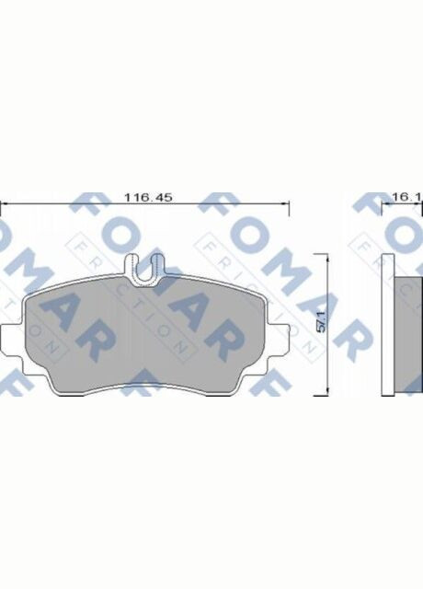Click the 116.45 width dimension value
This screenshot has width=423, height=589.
tap(148, 197)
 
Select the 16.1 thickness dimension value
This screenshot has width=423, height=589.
tap(406, 197)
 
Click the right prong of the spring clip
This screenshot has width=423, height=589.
tap(156, 268)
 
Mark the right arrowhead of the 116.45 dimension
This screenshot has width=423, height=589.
tap(288, 206)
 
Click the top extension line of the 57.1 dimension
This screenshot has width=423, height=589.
tap(308, 255)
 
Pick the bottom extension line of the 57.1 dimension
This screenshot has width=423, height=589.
tap(308, 398)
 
